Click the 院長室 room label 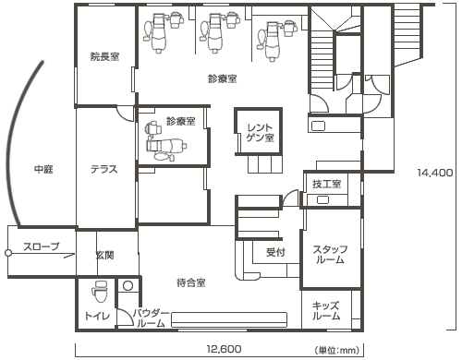tap(104, 56)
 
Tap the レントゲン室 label tap(261, 133)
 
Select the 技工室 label tap(327, 184)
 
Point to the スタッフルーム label tap(330, 255)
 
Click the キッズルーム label tap(326, 311)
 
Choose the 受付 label tap(275, 252)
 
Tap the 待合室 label tap(191, 282)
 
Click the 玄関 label tap(104, 255)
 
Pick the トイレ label tap(97, 316)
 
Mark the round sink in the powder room tap(128, 286)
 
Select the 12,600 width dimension tap(224, 349)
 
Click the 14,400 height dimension tap(435, 173)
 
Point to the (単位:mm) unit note tap(337, 350)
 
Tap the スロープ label tap(42, 246)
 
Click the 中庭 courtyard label tap(43, 169)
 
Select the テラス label tap(103, 170)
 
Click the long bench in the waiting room tap(229, 320)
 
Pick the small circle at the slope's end tap(8, 253)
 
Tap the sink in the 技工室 tap(323, 200)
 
